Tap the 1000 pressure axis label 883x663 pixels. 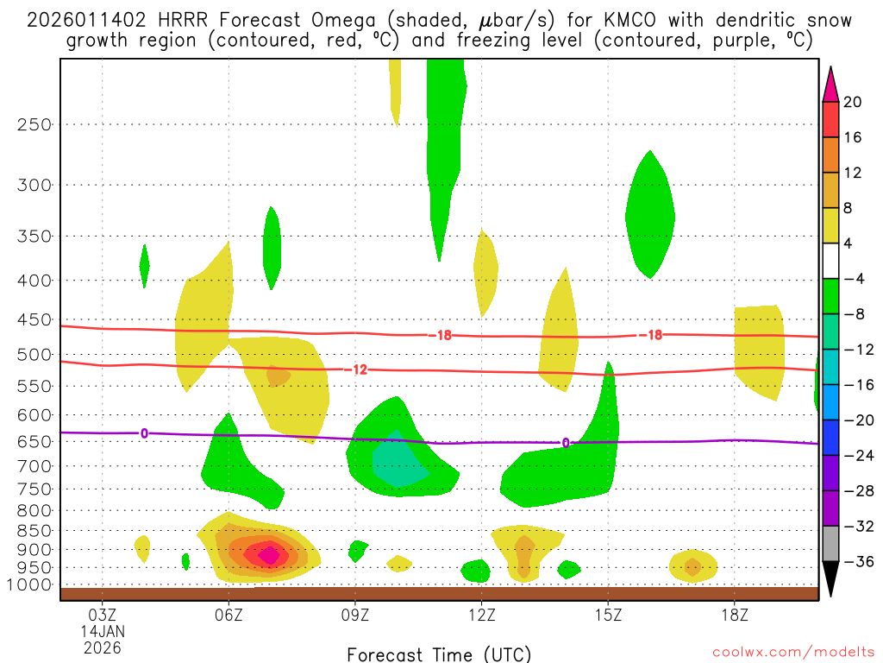30,584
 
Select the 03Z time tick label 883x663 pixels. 103,616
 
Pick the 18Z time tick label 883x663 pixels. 734,616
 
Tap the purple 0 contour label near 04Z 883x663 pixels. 144,433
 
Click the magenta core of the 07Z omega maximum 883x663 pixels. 269,554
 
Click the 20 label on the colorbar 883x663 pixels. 853,102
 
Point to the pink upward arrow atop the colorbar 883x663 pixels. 830,83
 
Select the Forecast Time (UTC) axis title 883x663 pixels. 439,654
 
